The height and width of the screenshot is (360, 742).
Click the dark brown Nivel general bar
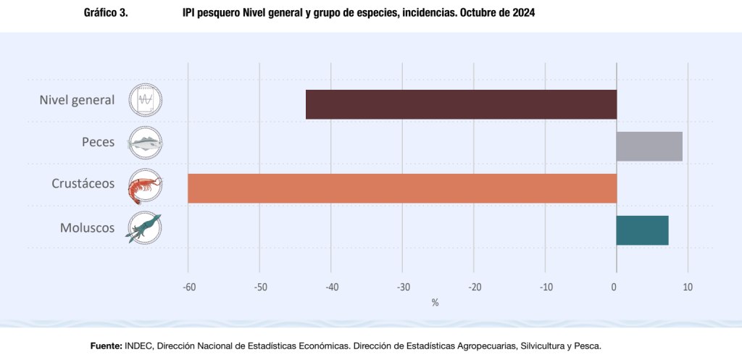[x=461, y=104]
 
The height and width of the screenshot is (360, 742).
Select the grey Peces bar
[x=649, y=146]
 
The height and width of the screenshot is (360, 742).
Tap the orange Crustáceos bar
[x=402, y=188]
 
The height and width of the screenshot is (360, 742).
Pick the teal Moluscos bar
[x=642, y=230]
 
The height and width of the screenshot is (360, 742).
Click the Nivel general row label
[x=77, y=100]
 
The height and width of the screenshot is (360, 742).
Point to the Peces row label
[x=98, y=142]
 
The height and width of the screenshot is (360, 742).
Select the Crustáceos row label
[x=83, y=184]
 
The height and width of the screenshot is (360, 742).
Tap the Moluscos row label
[x=87, y=227]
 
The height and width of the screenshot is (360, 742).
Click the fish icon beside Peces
[x=145, y=143]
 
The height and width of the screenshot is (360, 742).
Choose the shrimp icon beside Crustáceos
[x=145, y=185]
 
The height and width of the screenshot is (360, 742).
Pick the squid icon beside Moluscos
[x=145, y=227]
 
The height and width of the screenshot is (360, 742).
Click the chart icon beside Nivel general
[x=145, y=100]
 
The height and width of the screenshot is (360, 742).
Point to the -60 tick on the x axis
[x=188, y=287]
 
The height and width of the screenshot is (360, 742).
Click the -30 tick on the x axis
[x=402, y=287]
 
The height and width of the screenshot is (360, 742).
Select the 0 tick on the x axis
[x=614, y=287]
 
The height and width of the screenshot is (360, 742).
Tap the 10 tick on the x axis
[x=688, y=287]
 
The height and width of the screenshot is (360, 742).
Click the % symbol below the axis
[x=435, y=303]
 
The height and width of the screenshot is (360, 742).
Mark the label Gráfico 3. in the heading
[x=106, y=13]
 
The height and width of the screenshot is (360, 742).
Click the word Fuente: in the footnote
[x=106, y=346]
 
